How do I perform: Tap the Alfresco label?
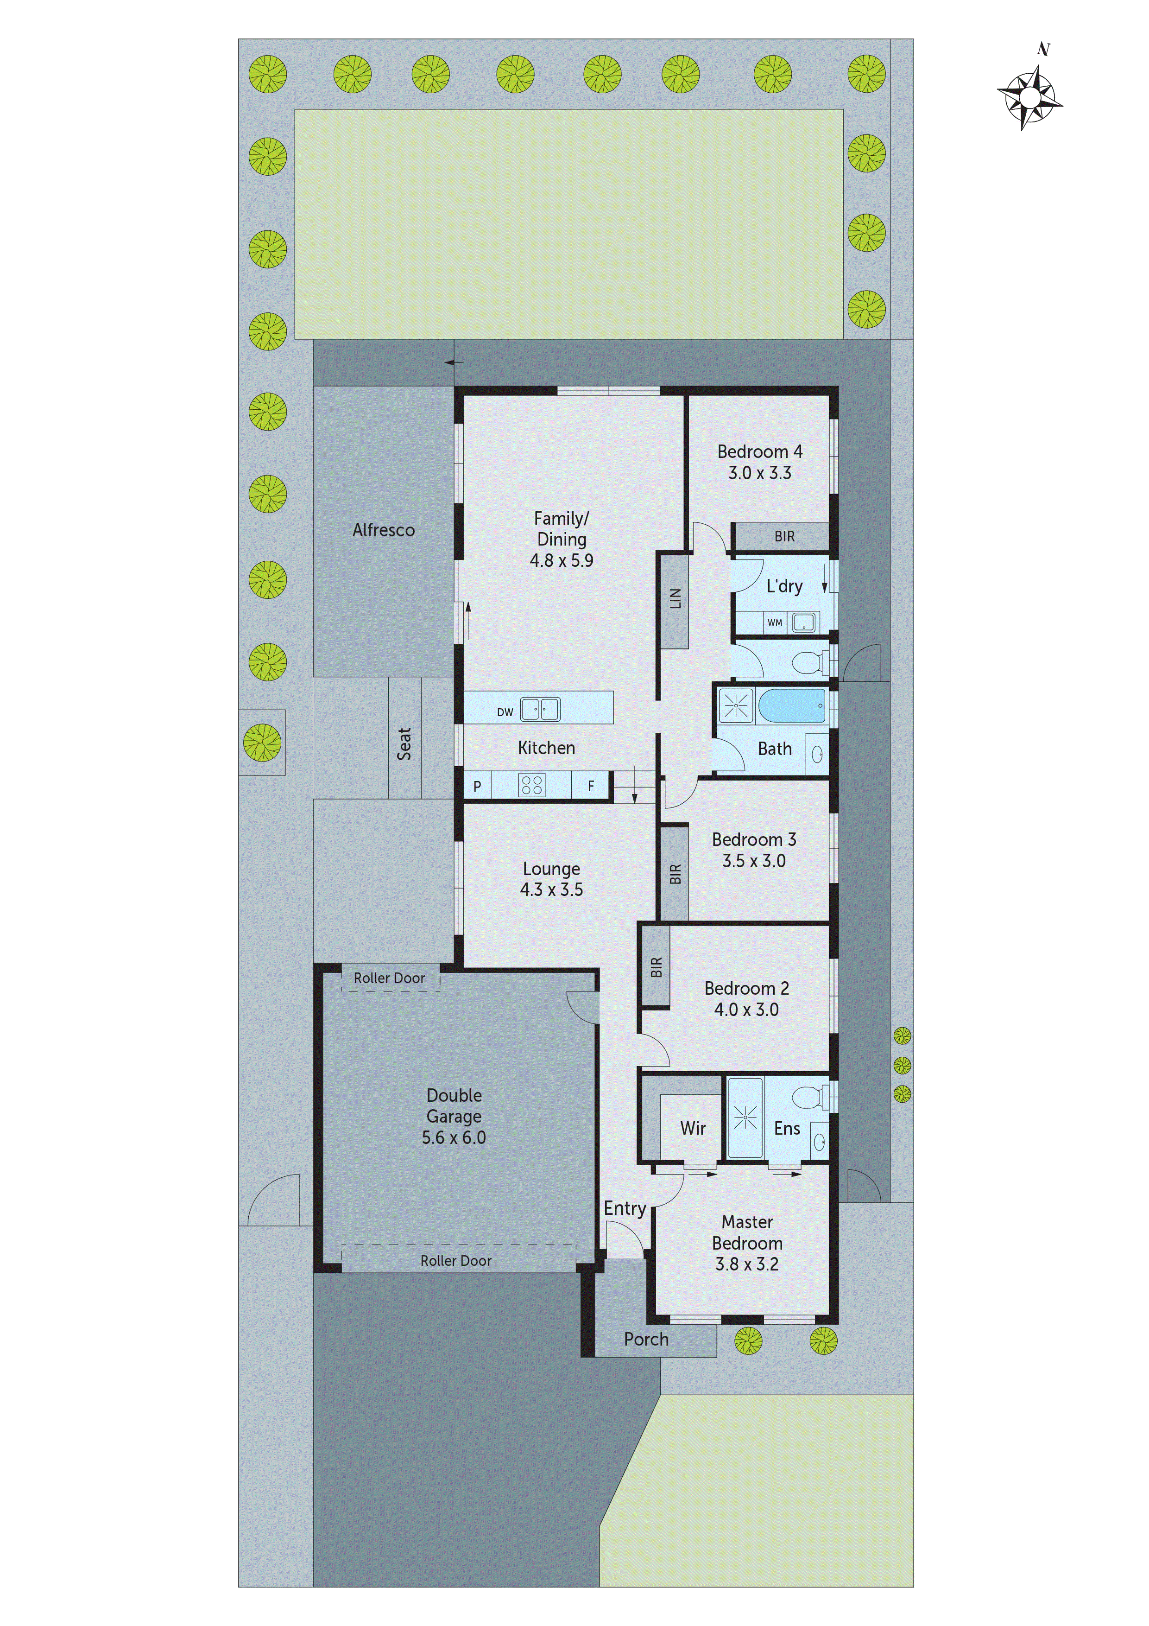[383, 530]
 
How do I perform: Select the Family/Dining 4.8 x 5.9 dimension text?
[562, 560]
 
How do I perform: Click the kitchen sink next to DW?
[540, 709]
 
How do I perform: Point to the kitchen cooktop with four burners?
[532, 785]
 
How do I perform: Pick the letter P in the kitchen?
[477, 786]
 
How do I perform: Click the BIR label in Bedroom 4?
[784, 536]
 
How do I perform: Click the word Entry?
[625, 1208]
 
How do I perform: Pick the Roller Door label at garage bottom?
[455, 1261]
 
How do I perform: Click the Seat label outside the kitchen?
[404, 743]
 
